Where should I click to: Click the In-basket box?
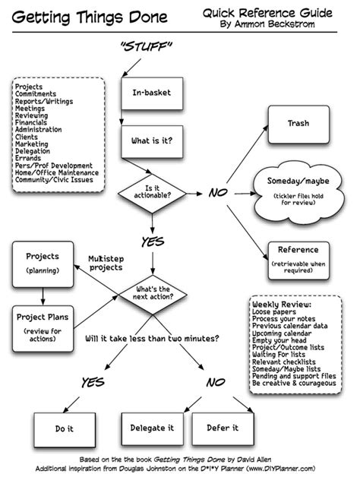(x=152, y=93)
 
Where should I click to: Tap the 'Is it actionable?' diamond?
(x=153, y=191)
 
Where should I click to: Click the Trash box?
(x=297, y=124)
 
